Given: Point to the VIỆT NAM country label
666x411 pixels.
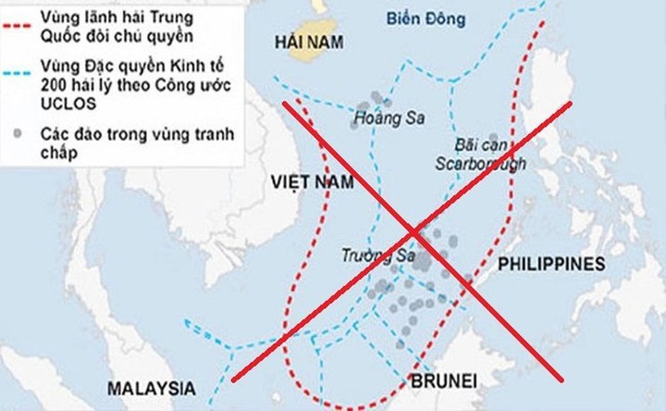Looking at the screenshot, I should (x=313, y=182).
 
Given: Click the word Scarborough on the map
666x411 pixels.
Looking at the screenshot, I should (x=481, y=165).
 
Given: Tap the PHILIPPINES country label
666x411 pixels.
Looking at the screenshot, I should (x=551, y=265).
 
